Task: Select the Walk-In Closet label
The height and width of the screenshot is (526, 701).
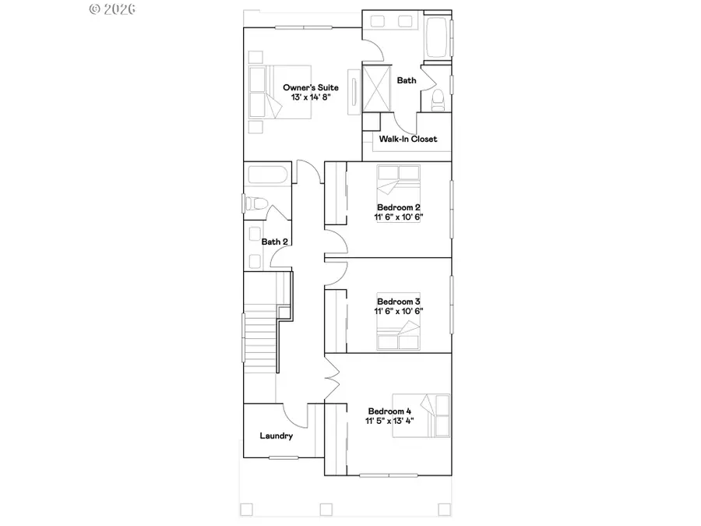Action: coord(407,139)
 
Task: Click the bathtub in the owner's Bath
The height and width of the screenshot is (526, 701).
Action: coord(437,37)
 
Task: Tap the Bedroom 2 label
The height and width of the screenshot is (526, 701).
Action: coord(399,207)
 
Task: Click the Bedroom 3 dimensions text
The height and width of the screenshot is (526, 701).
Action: coord(399,311)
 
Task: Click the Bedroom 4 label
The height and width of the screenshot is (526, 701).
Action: coord(390,411)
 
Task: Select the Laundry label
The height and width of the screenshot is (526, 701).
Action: coord(277,436)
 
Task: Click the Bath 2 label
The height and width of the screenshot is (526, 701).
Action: coord(275,242)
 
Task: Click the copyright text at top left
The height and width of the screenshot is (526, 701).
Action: coord(113,9)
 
